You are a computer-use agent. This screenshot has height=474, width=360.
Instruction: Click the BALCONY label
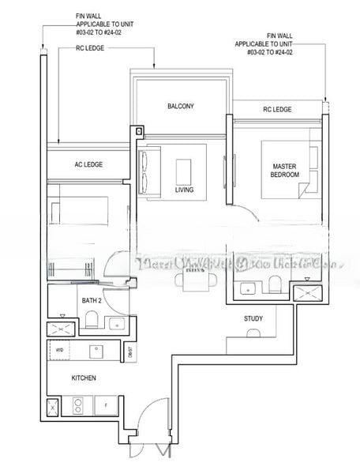[181, 106]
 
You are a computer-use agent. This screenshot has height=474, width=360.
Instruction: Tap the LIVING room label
[184, 190]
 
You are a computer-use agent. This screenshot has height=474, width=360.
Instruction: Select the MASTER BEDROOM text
[284, 170]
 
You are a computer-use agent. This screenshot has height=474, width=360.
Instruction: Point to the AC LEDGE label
[88, 164]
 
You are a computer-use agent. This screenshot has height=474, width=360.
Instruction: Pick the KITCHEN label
[84, 378]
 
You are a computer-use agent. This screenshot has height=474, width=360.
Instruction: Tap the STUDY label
[253, 318]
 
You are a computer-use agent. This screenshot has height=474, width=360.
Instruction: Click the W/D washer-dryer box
[59, 350]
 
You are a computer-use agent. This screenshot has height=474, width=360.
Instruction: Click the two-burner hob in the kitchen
[79, 407]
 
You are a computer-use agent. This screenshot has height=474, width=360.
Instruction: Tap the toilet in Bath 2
[92, 319]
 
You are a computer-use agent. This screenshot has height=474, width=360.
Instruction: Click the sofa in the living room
[147, 171]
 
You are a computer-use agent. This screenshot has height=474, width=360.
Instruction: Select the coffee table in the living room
[183, 171]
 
